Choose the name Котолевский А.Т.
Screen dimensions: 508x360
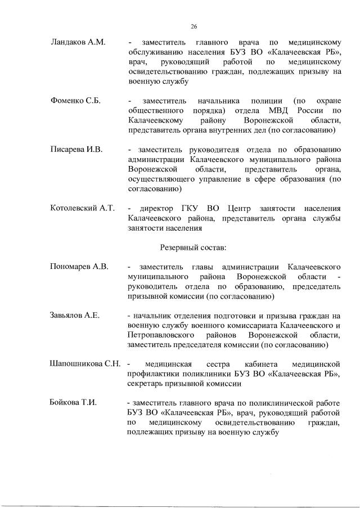(82, 208)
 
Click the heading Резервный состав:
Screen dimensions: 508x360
(193, 246)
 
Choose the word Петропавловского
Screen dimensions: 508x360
(163, 335)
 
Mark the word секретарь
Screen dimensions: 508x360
(149, 384)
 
